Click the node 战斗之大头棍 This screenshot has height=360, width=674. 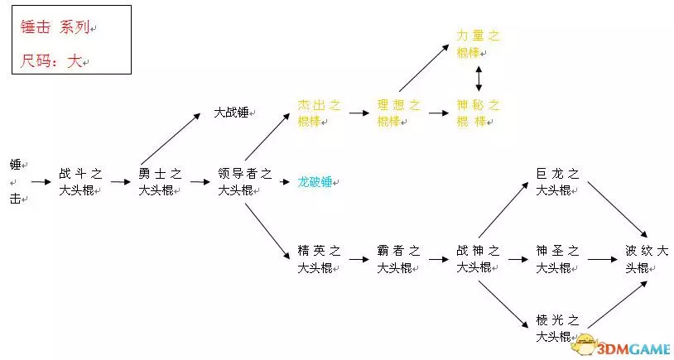[80, 181]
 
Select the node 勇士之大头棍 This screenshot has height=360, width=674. [160, 181]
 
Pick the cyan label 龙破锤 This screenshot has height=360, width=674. [315, 181]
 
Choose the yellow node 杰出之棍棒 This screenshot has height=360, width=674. [319, 113]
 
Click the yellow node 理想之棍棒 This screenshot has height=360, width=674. [399, 113]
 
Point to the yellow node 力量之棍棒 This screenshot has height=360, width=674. [479, 44]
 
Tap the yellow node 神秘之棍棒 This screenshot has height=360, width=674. [479, 113]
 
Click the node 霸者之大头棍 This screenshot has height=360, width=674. [399, 258]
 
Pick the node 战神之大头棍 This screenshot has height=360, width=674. [478, 258]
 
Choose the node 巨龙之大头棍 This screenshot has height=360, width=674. [557, 181]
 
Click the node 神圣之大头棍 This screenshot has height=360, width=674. [557, 258]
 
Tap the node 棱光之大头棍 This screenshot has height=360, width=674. [557, 328]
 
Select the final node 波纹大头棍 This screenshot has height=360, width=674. [648, 258]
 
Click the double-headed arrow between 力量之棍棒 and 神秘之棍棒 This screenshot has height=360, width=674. [479, 79]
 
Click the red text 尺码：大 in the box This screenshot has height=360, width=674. [51, 61]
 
